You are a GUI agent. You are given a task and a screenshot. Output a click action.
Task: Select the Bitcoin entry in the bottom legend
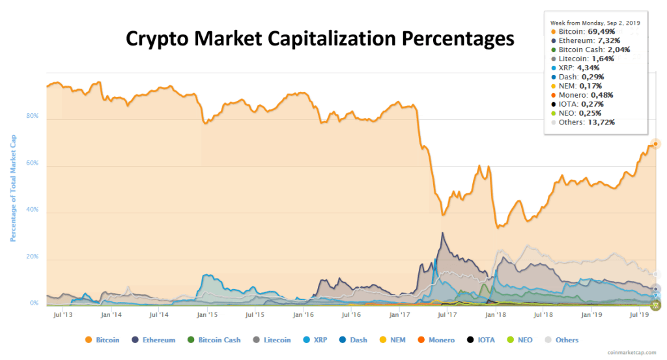pyautogui.click(x=102, y=340)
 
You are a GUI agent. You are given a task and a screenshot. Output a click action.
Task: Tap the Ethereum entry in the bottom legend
pyautogui.click(x=154, y=340)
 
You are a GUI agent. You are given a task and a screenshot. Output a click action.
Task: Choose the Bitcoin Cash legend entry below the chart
pyautogui.click(x=214, y=340)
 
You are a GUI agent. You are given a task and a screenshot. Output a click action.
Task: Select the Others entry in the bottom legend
pyautogui.click(x=562, y=340)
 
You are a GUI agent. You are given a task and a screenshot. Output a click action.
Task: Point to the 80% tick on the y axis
pyautogui.click(x=32, y=117)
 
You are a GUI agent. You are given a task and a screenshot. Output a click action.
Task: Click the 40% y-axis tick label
pyautogui.click(x=32, y=210)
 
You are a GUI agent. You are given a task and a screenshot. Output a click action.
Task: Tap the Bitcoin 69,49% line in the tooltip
pyautogui.click(x=582, y=31)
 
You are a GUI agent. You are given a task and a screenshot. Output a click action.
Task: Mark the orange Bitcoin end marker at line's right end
pyautogui.click(x=655, y=143)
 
